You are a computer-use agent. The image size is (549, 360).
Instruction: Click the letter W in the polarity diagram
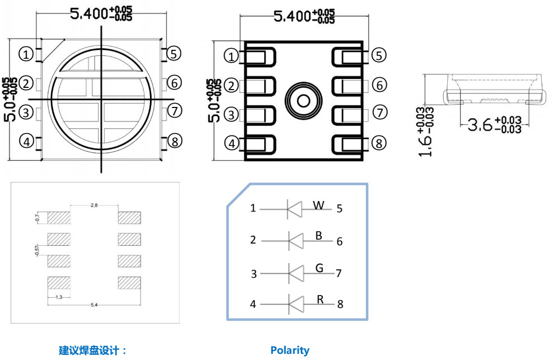click(318, 205)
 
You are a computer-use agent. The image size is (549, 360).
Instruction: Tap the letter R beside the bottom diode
click(320, 300)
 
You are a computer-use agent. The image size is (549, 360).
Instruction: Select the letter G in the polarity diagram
click(319, 268)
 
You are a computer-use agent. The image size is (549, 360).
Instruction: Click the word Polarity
click(289, 350)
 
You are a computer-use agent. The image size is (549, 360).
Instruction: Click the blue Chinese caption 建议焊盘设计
click(93, 351)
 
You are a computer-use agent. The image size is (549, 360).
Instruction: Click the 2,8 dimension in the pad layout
click(94, 206)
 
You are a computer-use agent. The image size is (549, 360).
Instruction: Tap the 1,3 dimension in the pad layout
click(58, 296)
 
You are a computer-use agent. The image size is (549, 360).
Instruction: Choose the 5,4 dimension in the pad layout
click(94, 305)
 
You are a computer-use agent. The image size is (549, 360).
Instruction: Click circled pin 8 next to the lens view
click(175, 141)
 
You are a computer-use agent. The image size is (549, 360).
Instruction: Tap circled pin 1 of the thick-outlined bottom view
click(231, 56)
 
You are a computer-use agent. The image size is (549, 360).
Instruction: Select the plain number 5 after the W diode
click(339, 209)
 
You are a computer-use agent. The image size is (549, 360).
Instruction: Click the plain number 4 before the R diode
click(253, 305)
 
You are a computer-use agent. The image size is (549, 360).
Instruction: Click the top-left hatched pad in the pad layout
click(58, 218)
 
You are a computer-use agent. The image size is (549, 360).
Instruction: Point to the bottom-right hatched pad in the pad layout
click(129, 282)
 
